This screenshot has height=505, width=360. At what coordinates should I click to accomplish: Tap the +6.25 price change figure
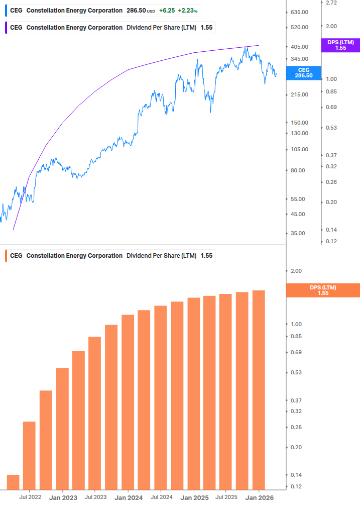(167, 11)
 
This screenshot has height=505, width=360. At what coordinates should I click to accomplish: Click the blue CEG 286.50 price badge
(304, 73)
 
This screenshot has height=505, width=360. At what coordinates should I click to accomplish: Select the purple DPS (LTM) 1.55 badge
(340, 45)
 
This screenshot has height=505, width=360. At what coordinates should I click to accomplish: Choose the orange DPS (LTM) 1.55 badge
(322, 290)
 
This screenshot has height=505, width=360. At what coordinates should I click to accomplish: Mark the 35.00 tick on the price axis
(300, 234)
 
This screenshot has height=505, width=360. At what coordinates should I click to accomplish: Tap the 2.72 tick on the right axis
(331, 3)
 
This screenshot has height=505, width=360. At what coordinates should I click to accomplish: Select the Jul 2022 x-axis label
(30, 497)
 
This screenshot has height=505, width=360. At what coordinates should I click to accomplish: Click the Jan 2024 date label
(129, 498)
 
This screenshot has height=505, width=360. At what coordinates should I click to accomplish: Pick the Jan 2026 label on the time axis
(259, 498)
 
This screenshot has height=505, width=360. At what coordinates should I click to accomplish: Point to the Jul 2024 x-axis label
(161, 497)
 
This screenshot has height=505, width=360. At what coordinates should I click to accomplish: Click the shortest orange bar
(13, 482)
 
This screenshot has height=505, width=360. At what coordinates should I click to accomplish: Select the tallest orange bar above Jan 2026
(259, 389)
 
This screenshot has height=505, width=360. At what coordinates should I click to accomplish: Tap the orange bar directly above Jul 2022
(29, 455)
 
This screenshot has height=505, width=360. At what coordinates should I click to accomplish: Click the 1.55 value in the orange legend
(206, 256)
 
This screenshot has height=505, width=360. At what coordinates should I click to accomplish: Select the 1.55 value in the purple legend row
(206, 28)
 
